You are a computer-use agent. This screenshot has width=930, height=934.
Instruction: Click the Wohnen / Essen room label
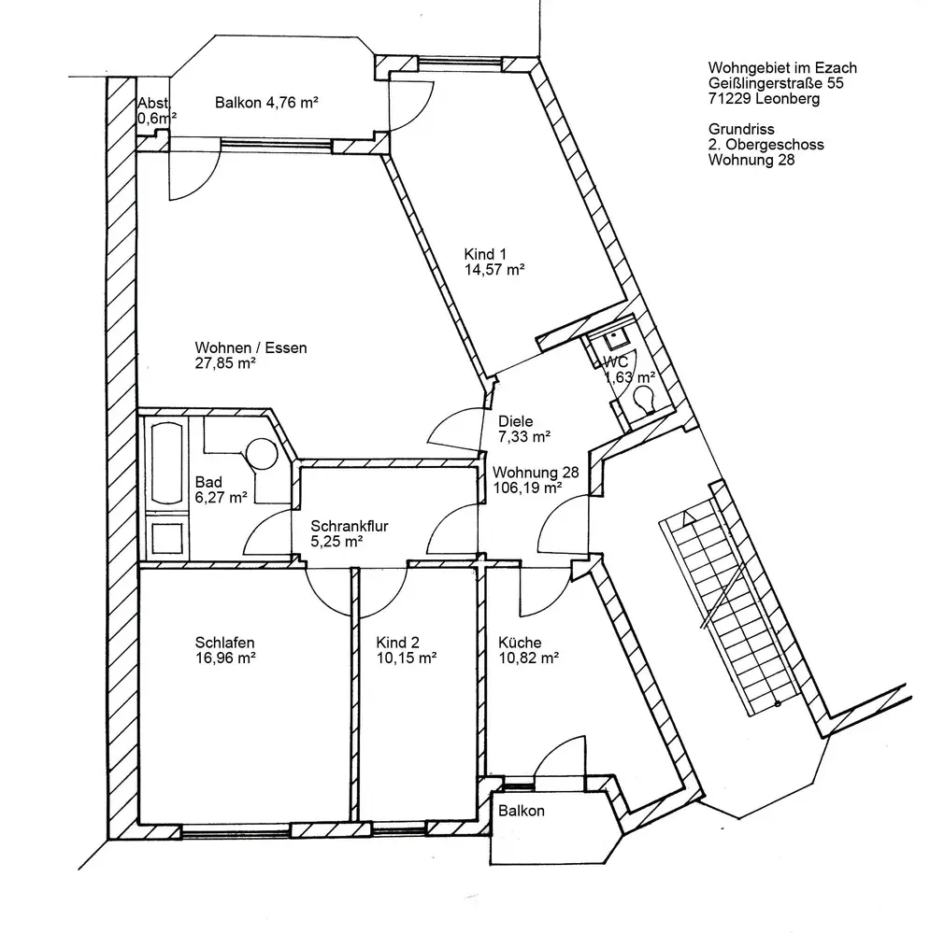[250, 347]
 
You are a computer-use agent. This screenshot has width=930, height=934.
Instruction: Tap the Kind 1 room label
[487, 254]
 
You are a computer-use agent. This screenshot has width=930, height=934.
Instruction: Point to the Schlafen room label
[225, 643]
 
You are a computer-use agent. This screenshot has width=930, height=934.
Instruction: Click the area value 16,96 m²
[226, 658]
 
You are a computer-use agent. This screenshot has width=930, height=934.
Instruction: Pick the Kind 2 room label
[398, 643]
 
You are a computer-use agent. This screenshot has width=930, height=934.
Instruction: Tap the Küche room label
[521, 643]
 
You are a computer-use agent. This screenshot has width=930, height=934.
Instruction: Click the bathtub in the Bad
[169, 465]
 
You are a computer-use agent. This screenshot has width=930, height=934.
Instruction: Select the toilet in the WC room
[643, 400]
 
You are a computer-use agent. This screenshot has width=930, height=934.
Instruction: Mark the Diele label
[516, 421]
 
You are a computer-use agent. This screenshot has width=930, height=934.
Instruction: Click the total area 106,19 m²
[527, 487]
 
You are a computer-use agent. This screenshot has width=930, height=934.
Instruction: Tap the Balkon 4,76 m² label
[266, 104]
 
